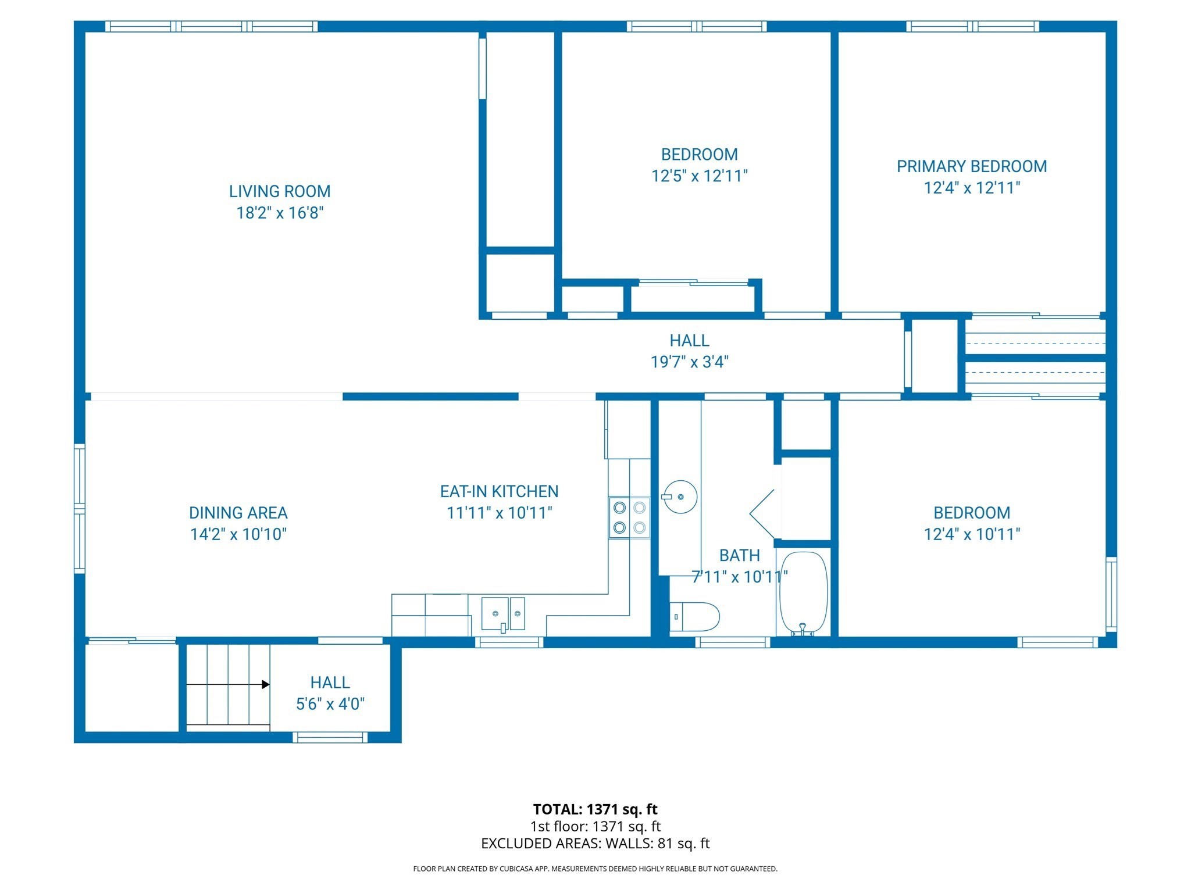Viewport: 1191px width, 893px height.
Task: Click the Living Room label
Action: pyautogui.click(x=280, y=191)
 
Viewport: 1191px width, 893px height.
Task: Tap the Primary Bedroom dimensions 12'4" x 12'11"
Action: pyautogui.click(x=972, y=188)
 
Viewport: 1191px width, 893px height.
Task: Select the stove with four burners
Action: pyautogui.click(x=629, y=517)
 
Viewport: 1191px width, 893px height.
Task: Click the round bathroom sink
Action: pyautogui.click(x=680, y=497)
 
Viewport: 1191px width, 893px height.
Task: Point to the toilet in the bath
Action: pyautogui.click(x=696, y=617)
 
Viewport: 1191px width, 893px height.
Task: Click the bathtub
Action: pyautogui.click(x=803, y=593)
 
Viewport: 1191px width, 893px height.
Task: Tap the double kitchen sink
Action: pyautogui.click(x=503, y=614)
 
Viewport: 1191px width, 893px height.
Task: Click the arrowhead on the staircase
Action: pyautogui.click(x=266, y=684)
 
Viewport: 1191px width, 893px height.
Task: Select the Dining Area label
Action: pyautogui.click(x=238, y=513)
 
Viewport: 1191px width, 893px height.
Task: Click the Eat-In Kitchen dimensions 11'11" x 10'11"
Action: pyautogui.click(x=499, y=513)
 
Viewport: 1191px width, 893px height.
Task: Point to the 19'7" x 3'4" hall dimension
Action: pyautogui.click(x=689, y=362)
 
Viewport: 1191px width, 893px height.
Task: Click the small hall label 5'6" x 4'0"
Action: pyautogui.click(x=330, y=704)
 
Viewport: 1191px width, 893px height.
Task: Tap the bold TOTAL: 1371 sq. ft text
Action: pyautogui.click(x=595, y=809)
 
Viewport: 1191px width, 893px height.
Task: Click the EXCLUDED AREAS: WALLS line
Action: pyautogui.click(x=595, y=844)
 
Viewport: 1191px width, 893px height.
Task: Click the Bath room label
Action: pyautogui.click(x=739, y=555)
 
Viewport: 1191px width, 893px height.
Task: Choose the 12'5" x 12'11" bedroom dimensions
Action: pyautogui.click(x=699, y=176)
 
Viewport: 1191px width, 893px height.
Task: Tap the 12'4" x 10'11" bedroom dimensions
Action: pyautogui.click(x=972, y=534)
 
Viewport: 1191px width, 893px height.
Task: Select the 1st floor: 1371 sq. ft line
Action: pyautogui.click(x=595, y=826)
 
